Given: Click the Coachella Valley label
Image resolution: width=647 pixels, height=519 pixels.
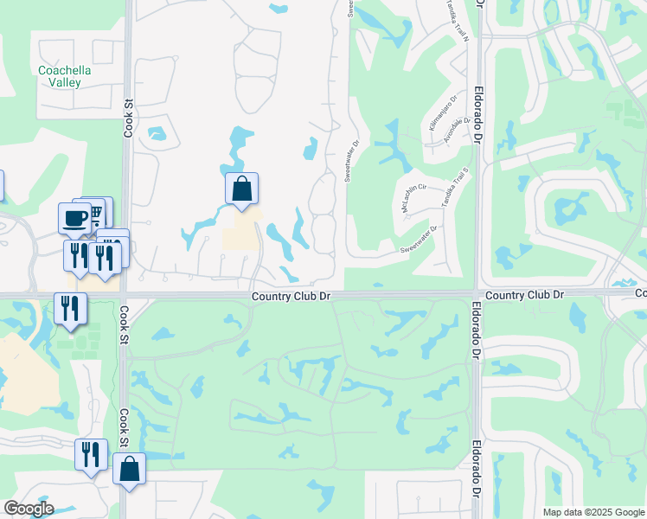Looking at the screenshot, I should click(x=59, y=76).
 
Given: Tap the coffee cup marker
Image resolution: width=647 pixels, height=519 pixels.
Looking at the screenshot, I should click(x=74, y=217).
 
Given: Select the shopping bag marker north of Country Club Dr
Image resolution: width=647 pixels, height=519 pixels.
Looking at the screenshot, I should click(x=242, y=189).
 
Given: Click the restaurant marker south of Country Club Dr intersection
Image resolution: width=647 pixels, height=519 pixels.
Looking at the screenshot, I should click(x=69, y=308).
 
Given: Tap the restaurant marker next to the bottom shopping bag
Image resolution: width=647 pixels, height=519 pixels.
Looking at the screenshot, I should click(x=90, y=453).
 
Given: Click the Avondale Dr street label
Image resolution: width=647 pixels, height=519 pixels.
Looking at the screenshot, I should click(x=455, y=130).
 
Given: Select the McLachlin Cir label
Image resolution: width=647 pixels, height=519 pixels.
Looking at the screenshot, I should click(x=415, y=198).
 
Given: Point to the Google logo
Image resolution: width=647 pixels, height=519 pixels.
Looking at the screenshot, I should click(x=29, y=509).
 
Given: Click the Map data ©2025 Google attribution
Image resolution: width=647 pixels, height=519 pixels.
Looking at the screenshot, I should click(x=593, y=512).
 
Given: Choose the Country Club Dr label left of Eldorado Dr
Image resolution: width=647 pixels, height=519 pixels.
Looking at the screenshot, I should click(x=291, y=296).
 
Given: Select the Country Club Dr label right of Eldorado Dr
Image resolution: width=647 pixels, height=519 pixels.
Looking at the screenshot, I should click(x=524, y=295).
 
